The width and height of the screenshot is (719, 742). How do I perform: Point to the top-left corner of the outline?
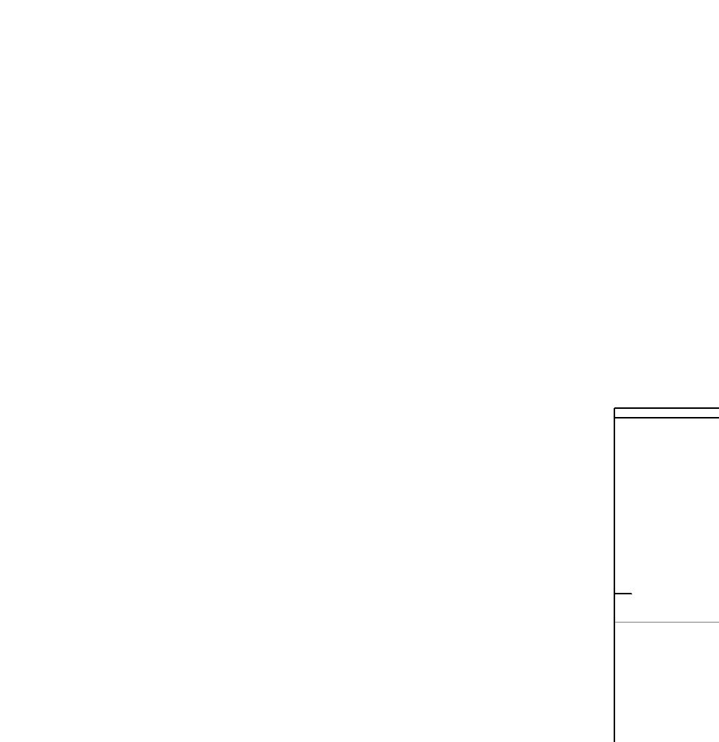615,408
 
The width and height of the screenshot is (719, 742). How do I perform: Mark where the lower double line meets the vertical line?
615,418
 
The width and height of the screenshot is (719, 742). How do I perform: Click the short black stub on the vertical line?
624,594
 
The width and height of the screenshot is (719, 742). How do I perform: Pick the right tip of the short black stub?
631,594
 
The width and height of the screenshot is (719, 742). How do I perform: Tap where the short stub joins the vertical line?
615,594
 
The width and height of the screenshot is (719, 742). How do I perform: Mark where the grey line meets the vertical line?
615,622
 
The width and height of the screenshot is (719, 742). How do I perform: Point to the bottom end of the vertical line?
615,741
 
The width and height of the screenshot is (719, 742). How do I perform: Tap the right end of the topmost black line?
718,408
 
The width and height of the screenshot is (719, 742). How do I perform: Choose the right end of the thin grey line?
718,622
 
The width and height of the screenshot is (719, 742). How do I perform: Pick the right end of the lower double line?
718,418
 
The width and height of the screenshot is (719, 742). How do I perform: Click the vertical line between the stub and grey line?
615,608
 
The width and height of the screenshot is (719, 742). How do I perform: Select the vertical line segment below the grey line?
615,683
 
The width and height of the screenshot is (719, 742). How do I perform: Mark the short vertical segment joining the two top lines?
615,413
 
